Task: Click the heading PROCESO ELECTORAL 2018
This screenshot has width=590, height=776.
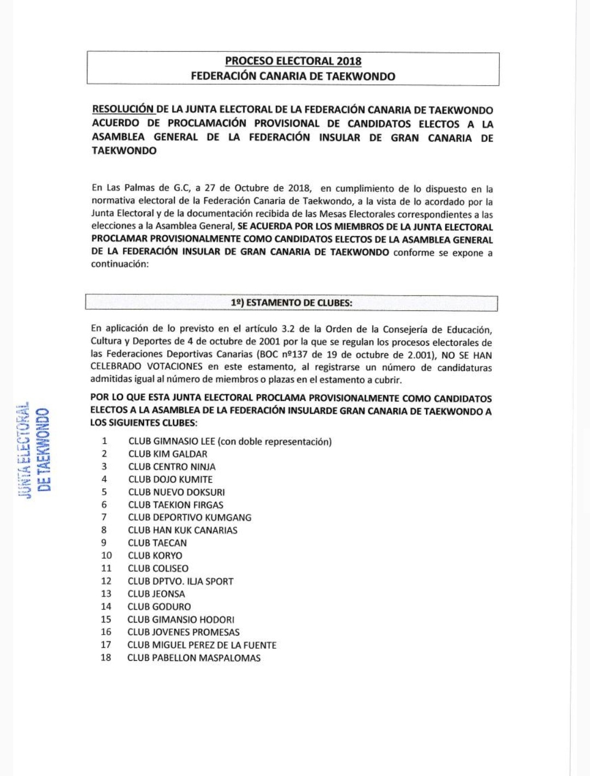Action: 293,61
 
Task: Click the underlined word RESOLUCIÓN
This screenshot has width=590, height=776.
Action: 123,109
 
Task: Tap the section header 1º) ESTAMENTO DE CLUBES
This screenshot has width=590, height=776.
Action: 291,303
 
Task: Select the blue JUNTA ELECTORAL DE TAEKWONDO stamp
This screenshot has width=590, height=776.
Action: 34,450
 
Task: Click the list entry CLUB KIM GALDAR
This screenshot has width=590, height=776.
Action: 168,454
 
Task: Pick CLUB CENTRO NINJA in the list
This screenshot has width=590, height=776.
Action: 172,467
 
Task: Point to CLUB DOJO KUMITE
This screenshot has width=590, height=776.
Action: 170,479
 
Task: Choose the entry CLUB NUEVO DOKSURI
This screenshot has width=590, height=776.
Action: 176,492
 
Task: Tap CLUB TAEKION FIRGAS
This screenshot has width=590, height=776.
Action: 175,505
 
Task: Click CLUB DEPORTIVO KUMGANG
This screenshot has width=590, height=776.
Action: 190,518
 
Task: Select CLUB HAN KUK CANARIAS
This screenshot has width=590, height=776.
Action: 182,530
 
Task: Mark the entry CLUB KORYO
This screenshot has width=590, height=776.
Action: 155,556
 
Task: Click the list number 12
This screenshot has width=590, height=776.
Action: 106,581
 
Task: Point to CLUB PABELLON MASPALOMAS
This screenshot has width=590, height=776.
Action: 194,658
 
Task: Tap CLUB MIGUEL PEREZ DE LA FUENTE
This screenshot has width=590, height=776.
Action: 202,645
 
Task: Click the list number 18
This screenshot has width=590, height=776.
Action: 106,657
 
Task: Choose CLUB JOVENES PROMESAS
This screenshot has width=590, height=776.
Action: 184,632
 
